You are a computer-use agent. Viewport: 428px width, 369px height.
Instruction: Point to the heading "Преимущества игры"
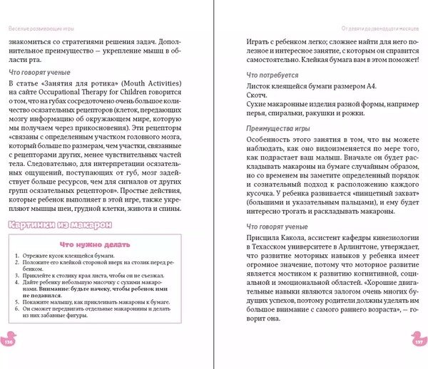coord(274,128)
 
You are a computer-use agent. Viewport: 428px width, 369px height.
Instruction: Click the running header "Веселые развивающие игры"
coord(36,28)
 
